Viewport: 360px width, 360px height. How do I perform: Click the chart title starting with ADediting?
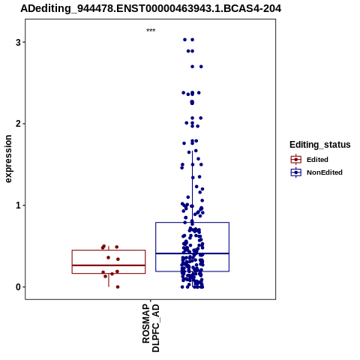[151, 8]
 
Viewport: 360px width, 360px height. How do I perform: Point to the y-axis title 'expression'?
[8, 159]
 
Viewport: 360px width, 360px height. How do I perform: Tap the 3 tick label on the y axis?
[18, 42]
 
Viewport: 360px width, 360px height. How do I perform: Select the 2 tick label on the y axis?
[18, 124]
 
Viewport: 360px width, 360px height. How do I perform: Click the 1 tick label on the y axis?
[18, 205]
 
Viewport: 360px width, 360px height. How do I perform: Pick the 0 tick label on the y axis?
[18, 287]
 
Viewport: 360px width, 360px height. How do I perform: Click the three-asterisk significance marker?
[151, 31]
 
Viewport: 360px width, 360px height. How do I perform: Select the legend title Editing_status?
[320, 145]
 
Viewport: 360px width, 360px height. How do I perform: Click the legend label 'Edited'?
[317, 160]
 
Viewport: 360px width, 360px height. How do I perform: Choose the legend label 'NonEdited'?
[325, 172]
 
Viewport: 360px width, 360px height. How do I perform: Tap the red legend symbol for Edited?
[296, 160]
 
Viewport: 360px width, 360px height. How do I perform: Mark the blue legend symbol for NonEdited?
[296, 172]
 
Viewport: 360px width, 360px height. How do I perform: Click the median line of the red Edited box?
[109, 265]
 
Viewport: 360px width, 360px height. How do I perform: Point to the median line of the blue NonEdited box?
[192, 253]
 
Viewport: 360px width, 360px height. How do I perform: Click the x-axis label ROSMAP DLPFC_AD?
[151, 328]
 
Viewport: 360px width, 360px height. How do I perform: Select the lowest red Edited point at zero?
[118, 287]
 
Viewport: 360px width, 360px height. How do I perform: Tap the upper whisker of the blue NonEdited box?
[192, 187]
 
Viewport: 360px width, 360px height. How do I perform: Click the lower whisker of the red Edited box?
[109, 280]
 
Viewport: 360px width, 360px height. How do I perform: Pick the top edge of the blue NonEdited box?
[192, 222]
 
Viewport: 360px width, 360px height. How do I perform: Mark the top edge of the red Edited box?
[109, 250]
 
